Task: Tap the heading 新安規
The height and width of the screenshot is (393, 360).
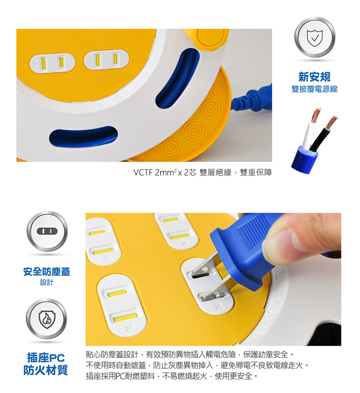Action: (315, 77)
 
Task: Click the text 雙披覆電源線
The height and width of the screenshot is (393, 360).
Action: (315, 89)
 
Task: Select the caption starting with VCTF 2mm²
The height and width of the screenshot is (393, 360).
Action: (202, 172)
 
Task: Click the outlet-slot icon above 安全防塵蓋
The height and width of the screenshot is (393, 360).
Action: (46, 231)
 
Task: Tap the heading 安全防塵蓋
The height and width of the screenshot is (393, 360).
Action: (46, 272)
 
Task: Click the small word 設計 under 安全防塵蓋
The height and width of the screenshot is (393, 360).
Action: (46, 282)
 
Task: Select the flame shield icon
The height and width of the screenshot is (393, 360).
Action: (46, 319)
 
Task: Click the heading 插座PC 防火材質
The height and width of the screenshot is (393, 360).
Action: (46, 364)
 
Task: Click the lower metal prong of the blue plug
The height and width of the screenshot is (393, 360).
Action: (215, 294)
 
